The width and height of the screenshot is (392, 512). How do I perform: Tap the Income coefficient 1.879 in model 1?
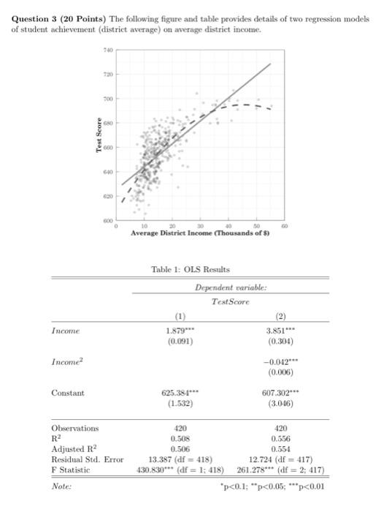[181, 330]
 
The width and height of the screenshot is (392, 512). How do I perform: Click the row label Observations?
[74, 428]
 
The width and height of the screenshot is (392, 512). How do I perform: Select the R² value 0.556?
[282, 438]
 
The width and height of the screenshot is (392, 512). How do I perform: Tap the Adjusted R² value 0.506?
[181, 448]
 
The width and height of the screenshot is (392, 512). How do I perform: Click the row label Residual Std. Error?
[87, 459]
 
